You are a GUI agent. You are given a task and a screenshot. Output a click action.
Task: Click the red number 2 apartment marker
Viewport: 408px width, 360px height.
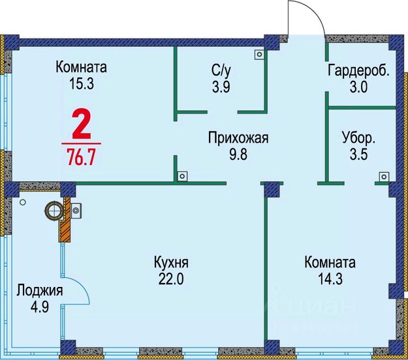click(x=81, y=125)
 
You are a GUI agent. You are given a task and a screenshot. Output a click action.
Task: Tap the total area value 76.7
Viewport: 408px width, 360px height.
click(x=82, y=157)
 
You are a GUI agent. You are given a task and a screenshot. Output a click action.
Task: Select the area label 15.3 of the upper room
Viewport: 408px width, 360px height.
click(x=81, y=83)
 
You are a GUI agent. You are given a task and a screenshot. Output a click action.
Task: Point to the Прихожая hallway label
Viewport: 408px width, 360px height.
click(x=238, y=138)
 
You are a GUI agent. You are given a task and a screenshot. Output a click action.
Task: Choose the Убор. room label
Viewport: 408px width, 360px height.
click(x=358, y=138)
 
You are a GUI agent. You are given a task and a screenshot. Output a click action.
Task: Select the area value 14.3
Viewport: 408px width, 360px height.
click(x=330, y=278)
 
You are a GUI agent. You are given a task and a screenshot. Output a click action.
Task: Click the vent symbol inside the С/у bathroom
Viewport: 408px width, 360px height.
click(x=259, y=55)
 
